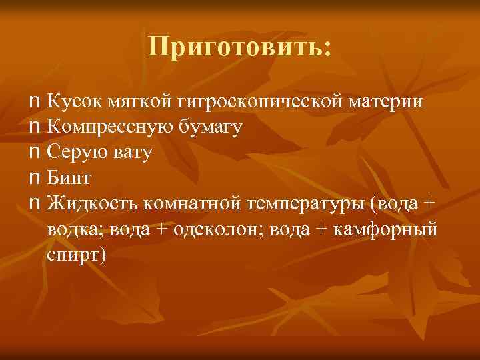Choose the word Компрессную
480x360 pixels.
[x=111, y=127]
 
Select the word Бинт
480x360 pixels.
[x=69, y=178]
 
